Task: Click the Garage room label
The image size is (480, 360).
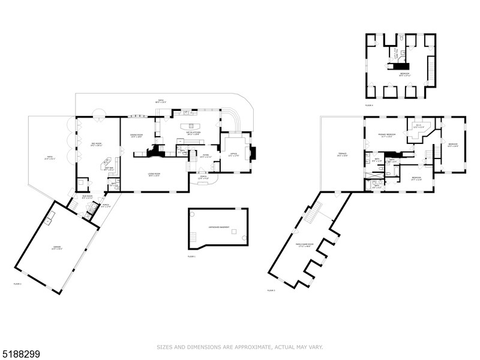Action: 57,248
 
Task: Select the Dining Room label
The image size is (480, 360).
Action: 137,136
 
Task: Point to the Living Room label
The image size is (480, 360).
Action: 154,175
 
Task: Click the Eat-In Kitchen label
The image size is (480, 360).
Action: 193,133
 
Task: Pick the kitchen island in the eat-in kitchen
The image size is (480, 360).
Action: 194,126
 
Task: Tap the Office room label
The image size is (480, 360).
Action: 233,155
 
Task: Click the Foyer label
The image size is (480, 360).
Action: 205,155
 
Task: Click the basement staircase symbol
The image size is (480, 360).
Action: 193,240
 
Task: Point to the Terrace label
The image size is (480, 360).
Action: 342,154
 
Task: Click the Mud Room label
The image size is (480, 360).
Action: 88,196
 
